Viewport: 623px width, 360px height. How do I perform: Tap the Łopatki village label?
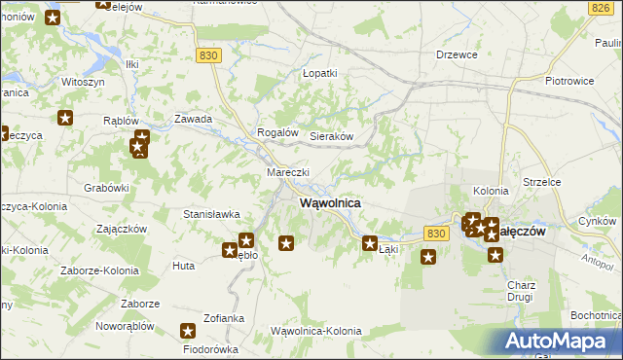[319, 73]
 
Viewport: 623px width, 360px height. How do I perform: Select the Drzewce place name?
[458, 55]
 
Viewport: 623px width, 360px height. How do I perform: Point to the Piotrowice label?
[570, 82]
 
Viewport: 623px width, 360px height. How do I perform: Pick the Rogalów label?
[275, 132]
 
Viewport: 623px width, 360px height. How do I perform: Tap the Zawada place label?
[193, 119]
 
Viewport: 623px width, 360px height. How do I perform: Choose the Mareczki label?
[288, 172]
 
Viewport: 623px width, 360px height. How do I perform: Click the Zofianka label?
[224, 318]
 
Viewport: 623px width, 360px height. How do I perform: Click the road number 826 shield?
[600, 8]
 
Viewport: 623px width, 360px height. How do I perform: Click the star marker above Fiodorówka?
[189, 332]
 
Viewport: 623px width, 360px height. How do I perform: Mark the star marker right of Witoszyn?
[65, 119]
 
